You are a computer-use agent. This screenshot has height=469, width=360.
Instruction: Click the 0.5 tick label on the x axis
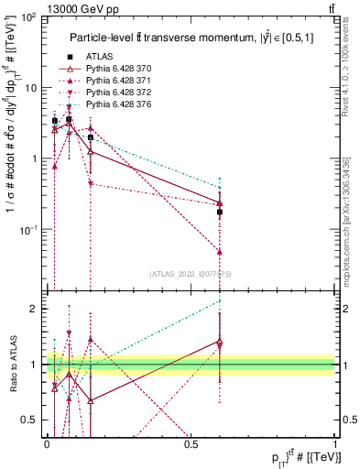[191, 442]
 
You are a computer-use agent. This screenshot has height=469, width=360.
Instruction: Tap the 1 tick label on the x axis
[334, 442]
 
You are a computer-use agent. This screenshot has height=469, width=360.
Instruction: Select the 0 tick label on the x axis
[47, 442]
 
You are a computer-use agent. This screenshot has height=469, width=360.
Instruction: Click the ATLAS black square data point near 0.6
[220, 212]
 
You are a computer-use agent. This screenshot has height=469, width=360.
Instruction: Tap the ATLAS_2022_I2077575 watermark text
[190, 274]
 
